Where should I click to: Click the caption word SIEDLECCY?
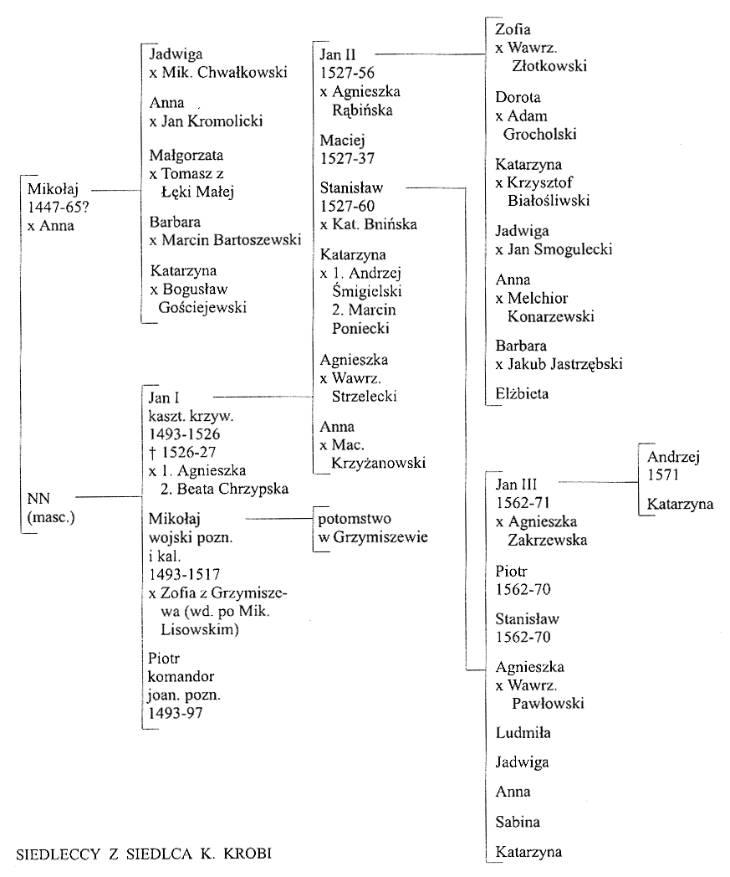tap(59, 854)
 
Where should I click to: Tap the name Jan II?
tap(338, 55)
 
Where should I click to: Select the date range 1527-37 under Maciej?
tap(347, 159)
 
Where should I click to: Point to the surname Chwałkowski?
tap(242, 72)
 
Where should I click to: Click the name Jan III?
tap(516, 485)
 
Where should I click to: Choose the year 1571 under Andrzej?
tap(663, 474)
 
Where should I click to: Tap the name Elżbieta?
tap(522, 394)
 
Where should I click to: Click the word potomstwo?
tap(355, 519)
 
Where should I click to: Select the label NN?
tap(38, 499)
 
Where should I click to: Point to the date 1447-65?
tap(59, 207)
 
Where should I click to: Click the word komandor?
tap(181, 677)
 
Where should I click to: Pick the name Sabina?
tap(518, 822)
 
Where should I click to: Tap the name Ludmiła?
tap(523, 733)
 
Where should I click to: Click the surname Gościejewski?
tap(202, 308)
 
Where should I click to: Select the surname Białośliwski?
tap(549, 201)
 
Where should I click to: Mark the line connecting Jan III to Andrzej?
tap(599, 481)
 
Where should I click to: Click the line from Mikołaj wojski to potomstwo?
tap(279, 519)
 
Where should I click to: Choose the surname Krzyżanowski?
tap(379, 463)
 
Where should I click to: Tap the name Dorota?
tap(518, 97)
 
